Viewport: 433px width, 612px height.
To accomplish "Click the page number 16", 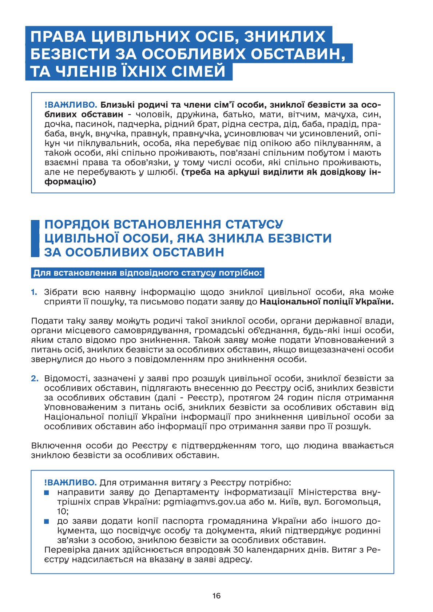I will coord(216,596).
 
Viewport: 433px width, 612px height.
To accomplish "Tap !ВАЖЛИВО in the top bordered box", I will coord(71,105).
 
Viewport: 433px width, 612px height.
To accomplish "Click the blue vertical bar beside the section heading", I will coord(35,238).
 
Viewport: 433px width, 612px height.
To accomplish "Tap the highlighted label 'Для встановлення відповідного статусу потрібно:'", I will coord(147,273).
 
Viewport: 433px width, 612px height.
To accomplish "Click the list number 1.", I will coord(34,292).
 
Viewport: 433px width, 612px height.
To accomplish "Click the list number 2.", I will coord(34,379).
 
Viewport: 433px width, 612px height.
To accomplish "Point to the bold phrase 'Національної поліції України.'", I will coord(327,301).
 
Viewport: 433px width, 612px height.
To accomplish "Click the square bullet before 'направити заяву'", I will coord(47,493).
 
